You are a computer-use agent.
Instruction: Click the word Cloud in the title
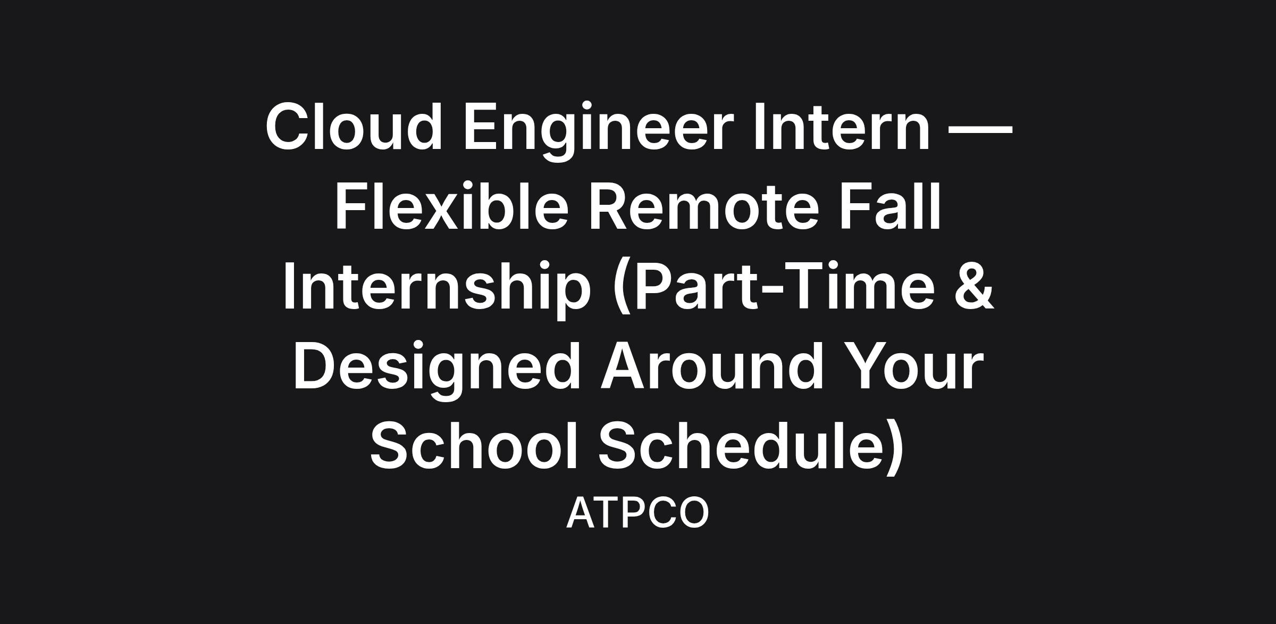[x=354, y=127]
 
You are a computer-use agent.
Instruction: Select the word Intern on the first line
[x=842, y=127]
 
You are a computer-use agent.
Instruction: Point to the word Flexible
[x=451, y=205]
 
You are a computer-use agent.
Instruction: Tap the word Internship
[x=436, y=290]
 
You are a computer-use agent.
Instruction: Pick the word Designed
[x=435, y=370]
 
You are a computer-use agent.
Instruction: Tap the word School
[x=474, y=445]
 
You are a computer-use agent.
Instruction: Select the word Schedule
[x=740, y=445]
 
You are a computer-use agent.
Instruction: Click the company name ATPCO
[x=637, y=513]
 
